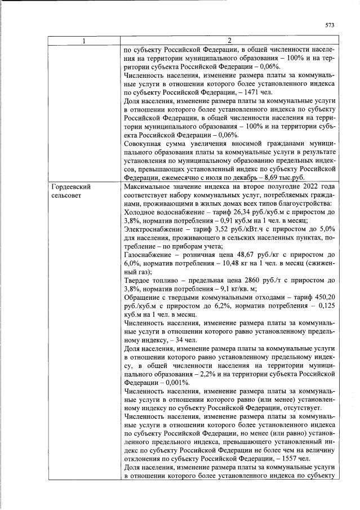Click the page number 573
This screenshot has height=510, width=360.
pyautogui.click(x=330, y=24)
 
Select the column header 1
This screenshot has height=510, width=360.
pyautogui.click(x=83, y=41)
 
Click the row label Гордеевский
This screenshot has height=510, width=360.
pyautogui.click(x=71, y=186)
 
